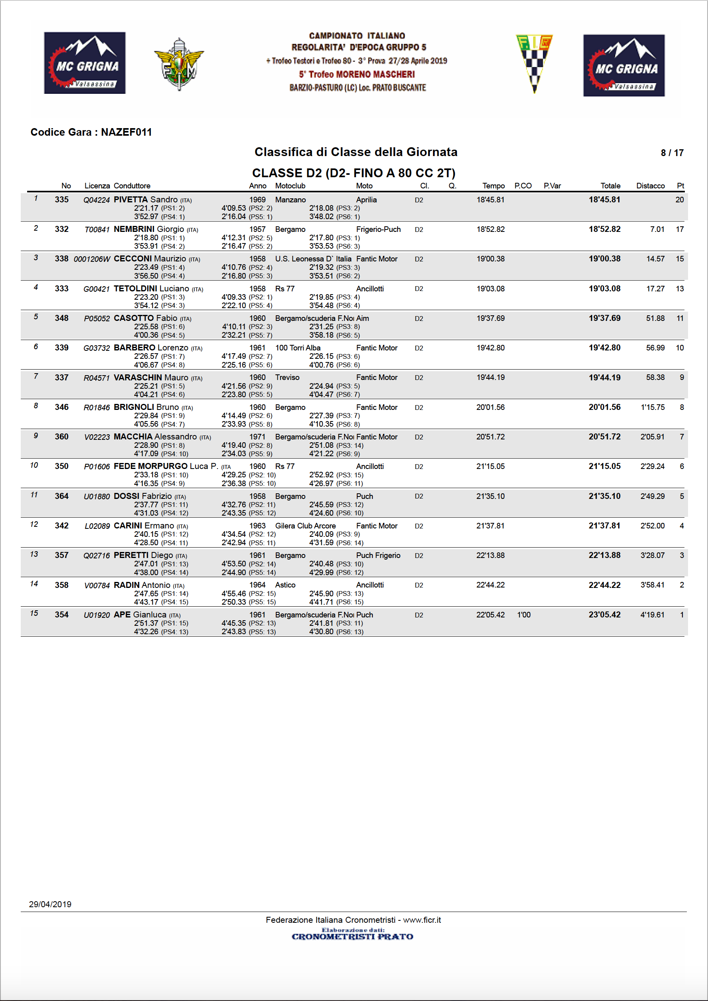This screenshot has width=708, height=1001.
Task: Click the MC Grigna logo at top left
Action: click(85, 63)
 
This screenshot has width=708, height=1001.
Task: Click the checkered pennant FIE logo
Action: click(534, 63)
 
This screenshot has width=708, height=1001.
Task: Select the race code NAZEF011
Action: click(127, 132)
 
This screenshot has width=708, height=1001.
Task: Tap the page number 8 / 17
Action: click(672, 152)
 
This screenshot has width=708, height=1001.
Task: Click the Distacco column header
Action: click(650, 186)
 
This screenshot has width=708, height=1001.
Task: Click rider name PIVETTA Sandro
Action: click(146, 200)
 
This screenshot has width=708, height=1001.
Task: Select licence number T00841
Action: click(97, 229)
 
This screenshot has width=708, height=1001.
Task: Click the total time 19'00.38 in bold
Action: click(604, 259)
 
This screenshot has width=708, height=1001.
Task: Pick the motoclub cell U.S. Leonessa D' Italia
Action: click(313, 259)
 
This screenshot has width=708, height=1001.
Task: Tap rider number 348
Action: click(61, 318)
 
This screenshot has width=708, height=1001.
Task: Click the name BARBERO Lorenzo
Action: click(151, 348)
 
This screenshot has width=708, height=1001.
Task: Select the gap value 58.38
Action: click(655, 378)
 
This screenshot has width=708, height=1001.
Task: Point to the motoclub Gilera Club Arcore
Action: click(305, 526)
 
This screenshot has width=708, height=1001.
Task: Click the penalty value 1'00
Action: click(524, 615)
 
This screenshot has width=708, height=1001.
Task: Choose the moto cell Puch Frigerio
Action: click(378, 556)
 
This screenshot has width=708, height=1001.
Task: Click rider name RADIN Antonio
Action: click(142, 585)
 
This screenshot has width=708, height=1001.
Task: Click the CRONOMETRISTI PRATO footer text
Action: click(352, 936)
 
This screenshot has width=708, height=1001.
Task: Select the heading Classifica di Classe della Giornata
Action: click(356, 152)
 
